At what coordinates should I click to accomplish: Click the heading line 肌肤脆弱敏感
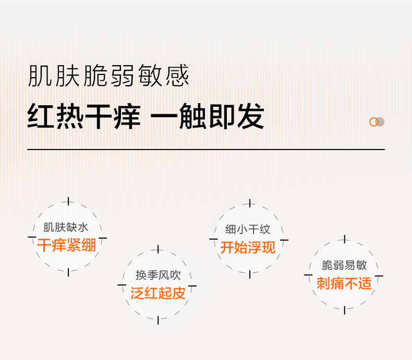108,76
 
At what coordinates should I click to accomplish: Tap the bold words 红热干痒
84,117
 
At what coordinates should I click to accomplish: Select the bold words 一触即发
207,117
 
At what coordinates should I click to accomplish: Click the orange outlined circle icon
373,122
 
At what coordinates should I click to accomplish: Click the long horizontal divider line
206,150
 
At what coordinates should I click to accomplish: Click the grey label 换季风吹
157,276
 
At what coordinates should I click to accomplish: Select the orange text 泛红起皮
157,293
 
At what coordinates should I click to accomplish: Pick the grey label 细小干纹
248,230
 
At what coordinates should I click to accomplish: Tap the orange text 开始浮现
248,247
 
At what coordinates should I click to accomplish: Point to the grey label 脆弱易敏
344,266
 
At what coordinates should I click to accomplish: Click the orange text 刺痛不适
344,283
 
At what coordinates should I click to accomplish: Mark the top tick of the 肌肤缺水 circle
68,202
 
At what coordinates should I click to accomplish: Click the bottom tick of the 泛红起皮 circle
157,320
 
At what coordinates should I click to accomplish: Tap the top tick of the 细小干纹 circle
249,203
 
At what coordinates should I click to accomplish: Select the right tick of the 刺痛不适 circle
379,276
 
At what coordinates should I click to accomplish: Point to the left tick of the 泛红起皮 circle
122,285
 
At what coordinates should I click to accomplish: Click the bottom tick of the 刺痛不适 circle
344,311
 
